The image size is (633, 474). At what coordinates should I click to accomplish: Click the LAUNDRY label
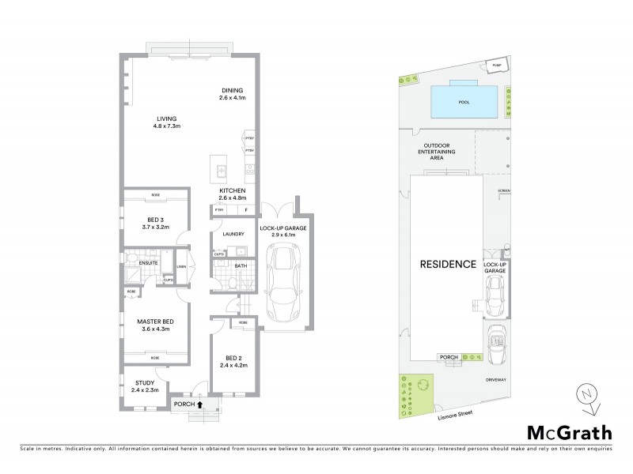pos(233,235)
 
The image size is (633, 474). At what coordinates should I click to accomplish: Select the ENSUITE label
pos(149,262)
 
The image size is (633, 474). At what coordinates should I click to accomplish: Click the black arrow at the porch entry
pos(199,404)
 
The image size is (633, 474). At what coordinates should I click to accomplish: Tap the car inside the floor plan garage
pos(282,284)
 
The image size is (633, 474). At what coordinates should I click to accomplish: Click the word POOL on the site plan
pos(464,102)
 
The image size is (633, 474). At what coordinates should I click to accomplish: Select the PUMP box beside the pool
pos(497,65)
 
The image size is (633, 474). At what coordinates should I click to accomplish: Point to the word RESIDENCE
pos(447,264)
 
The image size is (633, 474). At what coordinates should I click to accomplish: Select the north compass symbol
pos(584,396)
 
